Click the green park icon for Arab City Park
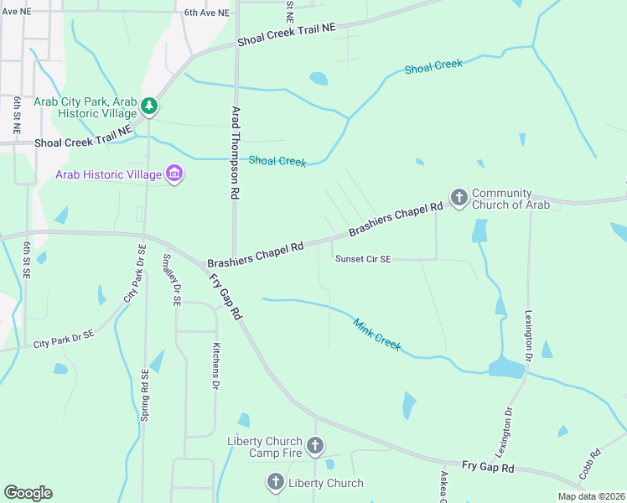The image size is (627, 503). [x=149, y=106]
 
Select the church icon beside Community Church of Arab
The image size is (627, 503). [x=459, y=198]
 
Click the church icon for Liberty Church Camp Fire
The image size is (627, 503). [x=315, y=446]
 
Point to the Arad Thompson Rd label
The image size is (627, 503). [x=236, y=153]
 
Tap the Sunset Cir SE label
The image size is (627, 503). [x=363, y=259]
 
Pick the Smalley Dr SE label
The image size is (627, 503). [x=172, y=280]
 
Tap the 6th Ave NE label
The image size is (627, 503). [x=206, y=13]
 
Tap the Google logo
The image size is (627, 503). [x=28, y=493]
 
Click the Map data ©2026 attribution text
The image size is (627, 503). [x=590, y=496]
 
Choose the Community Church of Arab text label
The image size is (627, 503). [x=510, y=199]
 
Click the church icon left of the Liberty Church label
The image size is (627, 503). [x=275, y=482]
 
